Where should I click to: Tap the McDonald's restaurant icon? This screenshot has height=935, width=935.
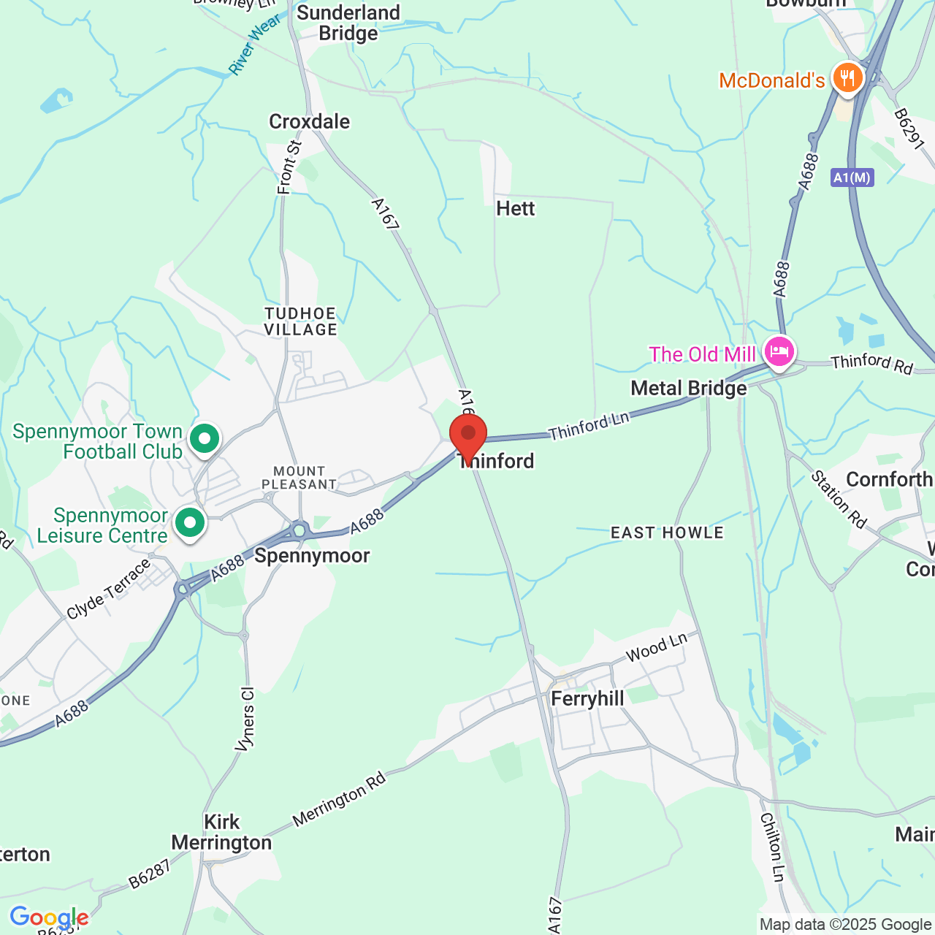click(x=847, y=77)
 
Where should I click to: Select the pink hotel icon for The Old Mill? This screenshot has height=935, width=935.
click(x=779, y=352)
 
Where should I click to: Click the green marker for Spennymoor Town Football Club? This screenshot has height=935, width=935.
click(x=205, y=439)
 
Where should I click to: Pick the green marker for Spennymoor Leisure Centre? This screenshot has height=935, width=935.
click(x=190, y=523)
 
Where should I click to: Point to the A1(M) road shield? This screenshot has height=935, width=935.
click(x=852, y=178)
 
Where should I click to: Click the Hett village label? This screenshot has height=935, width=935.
click(x=516, y=209)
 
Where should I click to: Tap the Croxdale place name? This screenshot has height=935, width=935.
click(x=310, y=122)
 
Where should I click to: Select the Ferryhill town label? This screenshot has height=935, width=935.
click(x=587, y=699)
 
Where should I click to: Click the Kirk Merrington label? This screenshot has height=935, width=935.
click(x=221, y=833)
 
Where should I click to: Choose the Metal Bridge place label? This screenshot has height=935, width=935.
click(x=689, y=389)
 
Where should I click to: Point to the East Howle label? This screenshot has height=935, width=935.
click(x=667, y=533)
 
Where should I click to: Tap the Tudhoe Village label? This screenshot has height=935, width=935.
click(x=301, y=322)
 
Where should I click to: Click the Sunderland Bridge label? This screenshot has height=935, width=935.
click(x=348, y=23)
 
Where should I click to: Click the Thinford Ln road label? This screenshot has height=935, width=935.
click(x=589, y=427)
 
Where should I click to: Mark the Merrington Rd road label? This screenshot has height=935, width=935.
click(x=339, y=800)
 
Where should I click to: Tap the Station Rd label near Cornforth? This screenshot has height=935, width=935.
click(x=839, y=500)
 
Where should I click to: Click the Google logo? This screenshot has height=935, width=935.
click(x=49, y=917)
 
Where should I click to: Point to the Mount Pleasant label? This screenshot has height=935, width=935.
click(x=299, y=478)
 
